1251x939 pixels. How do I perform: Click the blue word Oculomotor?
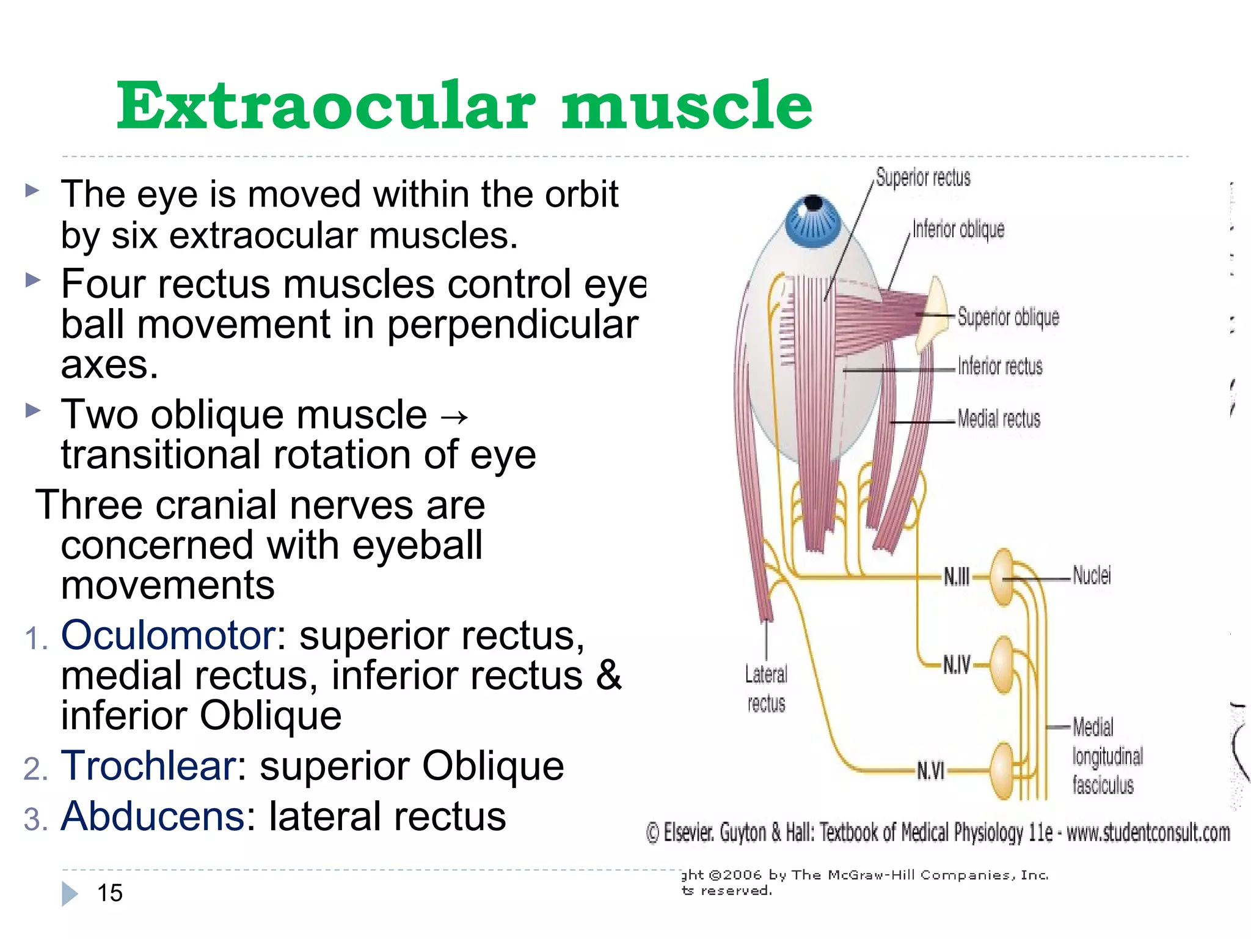(x=168, y=635)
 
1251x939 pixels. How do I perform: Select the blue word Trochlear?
(x=148, y=765)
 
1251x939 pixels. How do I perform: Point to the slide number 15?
(x=110, y=893)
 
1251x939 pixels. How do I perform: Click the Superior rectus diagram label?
(x=922, y=178)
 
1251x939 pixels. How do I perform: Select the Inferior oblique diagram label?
(x=958, y=230)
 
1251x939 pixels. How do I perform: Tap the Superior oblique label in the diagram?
(x=1008, y=317)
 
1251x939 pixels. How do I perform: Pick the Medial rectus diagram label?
(x=999, y=419)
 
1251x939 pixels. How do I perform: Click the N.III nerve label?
(x=956, y=576)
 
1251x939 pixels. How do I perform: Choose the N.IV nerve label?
(x=956, y=665)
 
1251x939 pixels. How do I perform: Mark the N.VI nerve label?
(x=930, y=771)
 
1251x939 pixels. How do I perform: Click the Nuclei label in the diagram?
(x=1092, y=576)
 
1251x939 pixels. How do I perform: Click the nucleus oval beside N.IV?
(x=1002, y=665)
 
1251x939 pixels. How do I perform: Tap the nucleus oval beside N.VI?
(x=1002, y=771)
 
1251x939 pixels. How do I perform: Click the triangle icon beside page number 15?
(x=70, y=894)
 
